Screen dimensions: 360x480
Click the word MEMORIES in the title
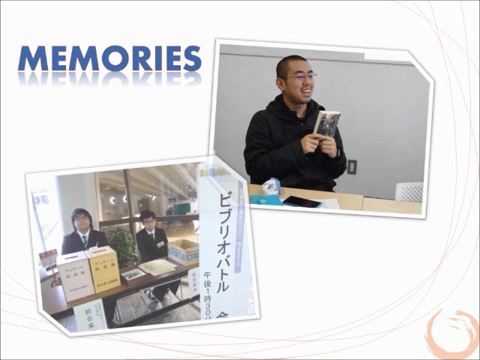(x=109, y=59)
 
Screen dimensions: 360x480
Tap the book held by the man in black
(x=327, y=123)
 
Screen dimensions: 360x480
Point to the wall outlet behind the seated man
(x=352, y=166)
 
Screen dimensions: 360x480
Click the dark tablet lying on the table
(x=301, y=202)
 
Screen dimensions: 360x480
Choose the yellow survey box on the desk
(x=103, y=268)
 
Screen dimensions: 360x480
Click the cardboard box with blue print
(x=183, y=251)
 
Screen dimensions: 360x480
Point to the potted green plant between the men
(x=120, y=244)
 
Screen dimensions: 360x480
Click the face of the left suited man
(x=81, y=220)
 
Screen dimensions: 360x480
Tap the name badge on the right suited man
(x=160, y=244)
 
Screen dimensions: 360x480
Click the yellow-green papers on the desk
(x=157, y=267)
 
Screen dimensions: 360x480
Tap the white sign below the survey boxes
(x=90, y=313)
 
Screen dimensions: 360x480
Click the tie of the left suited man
(x=83, y=241)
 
